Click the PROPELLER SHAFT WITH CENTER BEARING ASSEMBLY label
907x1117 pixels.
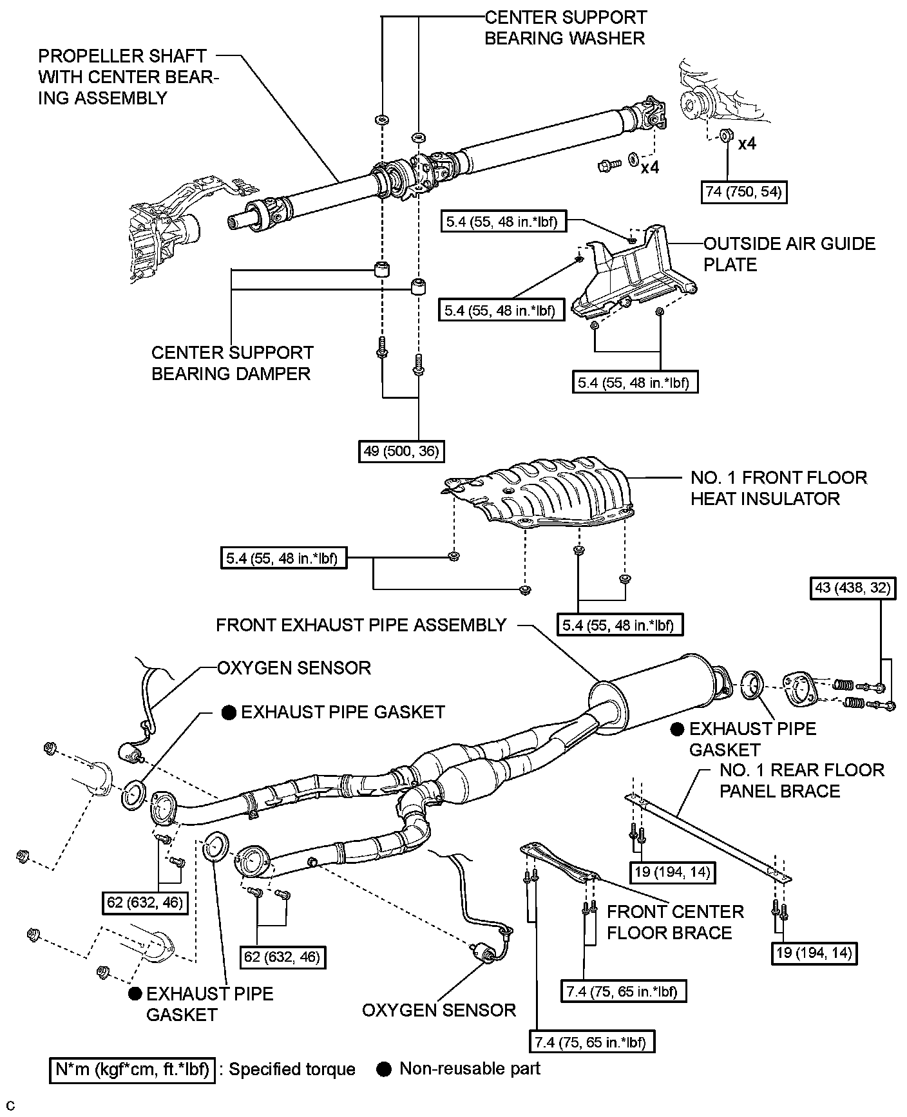[128, 77]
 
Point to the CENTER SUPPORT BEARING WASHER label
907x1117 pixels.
[565, 28]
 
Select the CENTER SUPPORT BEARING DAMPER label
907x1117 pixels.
[232, 363]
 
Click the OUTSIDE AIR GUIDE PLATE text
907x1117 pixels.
[788, 254]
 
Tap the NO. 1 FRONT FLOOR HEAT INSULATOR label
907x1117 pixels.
[778, 488]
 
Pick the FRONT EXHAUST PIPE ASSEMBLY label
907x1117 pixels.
[361, 625]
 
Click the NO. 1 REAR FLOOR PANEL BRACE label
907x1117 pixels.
[801, 780]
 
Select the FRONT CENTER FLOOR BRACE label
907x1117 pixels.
[674, 922]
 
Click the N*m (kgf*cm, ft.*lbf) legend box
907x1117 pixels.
[132, 1069]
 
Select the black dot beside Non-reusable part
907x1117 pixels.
[384, 1069]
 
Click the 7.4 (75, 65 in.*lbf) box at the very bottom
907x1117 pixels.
[589, 1042]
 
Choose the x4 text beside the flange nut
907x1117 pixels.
[747, 144]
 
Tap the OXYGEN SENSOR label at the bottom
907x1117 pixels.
[439, 1009]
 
